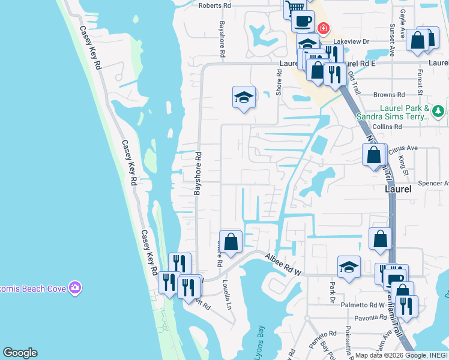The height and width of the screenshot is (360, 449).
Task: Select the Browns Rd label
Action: pos(388,95)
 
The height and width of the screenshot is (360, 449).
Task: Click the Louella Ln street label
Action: pos(228,293)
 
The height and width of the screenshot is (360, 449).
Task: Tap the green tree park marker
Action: pos(439,111)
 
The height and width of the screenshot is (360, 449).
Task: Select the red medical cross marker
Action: pos(324,28)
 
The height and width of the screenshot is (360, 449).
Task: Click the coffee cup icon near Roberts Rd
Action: pos(303,21)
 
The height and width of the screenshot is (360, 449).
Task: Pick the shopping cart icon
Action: pos(294,8)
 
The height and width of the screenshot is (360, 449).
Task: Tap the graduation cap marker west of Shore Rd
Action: pos(244,97)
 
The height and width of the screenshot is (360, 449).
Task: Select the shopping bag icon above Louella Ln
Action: pos(231,242)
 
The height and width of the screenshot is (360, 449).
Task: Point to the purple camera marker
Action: pos(75,288)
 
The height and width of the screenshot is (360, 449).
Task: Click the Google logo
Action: pos(20,353)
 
